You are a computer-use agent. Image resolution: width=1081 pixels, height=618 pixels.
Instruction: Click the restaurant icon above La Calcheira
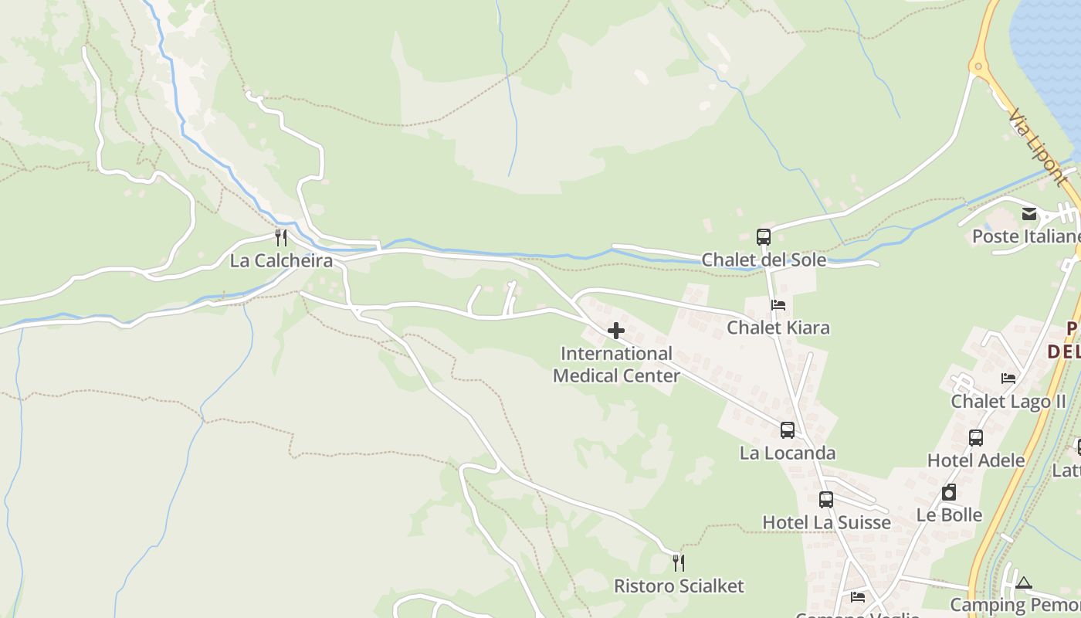281,238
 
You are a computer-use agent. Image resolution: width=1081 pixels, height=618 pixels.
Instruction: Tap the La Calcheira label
281,260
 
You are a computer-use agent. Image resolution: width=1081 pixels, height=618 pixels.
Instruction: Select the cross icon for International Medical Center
616,331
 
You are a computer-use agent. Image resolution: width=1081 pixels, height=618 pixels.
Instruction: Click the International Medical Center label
616,365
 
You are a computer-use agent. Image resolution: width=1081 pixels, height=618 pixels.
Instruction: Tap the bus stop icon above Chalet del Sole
764,237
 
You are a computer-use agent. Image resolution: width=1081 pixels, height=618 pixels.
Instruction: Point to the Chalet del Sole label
764,260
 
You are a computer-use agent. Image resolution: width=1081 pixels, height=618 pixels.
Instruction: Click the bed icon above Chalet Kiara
778,305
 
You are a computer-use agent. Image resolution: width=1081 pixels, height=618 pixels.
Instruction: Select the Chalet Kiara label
778,328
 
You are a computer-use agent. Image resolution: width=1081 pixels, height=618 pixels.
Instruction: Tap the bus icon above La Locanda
788,430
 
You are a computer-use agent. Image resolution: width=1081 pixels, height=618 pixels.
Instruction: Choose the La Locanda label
788,453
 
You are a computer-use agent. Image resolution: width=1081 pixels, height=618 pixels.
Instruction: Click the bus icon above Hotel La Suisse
826,500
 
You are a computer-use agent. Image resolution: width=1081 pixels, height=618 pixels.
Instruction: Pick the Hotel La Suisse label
826,522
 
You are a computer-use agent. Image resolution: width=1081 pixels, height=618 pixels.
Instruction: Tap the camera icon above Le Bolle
949,492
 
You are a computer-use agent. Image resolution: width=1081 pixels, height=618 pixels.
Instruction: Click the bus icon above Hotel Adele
976,438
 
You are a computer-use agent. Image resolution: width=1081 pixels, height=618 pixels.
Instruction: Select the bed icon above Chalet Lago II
1008,379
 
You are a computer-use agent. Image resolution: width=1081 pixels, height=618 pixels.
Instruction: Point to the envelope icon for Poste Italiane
1029,214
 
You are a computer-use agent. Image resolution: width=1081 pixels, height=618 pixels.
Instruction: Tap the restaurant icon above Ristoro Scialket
679,562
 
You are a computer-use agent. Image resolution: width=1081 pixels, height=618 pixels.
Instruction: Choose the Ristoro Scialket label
679,586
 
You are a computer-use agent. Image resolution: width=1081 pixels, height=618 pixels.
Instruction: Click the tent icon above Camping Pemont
1024,582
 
